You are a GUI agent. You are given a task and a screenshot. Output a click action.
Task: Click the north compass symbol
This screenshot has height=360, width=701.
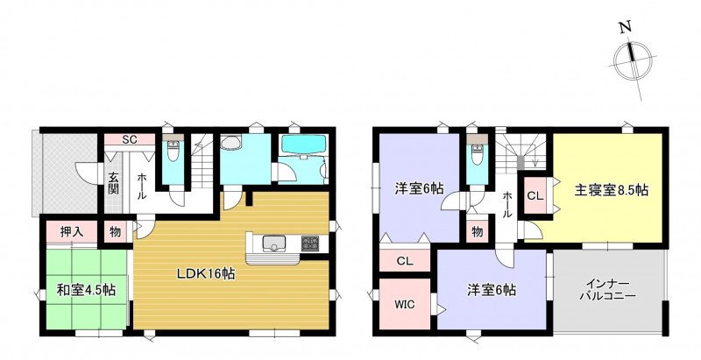coord(633,60)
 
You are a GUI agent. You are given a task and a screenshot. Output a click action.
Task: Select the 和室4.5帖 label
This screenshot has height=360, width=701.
coord(86,290)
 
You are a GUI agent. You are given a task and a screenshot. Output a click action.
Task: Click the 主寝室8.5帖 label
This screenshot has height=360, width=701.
coord(611,190)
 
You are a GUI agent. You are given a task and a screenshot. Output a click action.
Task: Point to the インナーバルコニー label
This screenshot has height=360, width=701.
coord(607,290)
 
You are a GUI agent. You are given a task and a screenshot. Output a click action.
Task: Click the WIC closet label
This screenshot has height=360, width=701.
coord(404,305)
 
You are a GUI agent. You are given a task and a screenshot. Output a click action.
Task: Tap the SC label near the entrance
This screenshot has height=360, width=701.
coord(129,139)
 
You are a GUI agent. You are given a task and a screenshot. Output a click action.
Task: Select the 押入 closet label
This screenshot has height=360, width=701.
coord(72,232)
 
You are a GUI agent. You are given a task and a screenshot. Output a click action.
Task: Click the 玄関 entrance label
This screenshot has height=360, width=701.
coord(113,183)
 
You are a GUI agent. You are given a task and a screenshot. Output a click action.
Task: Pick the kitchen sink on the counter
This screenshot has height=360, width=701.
coord(273,243)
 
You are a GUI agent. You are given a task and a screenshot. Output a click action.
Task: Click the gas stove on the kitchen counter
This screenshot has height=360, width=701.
coord(310,243)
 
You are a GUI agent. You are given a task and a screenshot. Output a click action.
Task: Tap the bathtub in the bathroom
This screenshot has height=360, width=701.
coord(303,145)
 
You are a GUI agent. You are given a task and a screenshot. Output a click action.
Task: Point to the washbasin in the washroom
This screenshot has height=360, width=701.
coord(230,143)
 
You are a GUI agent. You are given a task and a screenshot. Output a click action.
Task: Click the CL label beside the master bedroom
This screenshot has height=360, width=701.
coord(535,195)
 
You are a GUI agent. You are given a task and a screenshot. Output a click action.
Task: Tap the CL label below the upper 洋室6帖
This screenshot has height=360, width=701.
coord(405,261)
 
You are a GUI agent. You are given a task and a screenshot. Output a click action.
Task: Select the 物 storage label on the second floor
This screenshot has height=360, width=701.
coord(477,232)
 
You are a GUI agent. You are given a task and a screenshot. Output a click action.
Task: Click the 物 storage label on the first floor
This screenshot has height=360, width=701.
coord(116,232)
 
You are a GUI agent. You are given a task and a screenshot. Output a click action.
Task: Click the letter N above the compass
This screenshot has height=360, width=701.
coord(625,27)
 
